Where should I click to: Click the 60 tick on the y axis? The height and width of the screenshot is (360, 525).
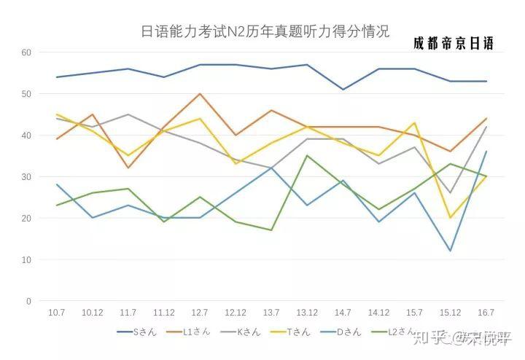click(27, 52)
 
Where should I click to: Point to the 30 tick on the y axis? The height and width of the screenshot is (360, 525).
click(27, 177)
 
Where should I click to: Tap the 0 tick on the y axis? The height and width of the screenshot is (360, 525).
click(29, 301)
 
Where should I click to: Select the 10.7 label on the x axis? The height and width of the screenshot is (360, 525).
click(56, 312)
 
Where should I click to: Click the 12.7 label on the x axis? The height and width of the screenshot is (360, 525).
click(199, 312)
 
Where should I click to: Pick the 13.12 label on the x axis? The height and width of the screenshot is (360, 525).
click(307, 312)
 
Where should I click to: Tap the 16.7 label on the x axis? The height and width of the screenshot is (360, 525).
click(486, 312)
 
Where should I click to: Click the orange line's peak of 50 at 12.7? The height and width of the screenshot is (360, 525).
click(199, 94)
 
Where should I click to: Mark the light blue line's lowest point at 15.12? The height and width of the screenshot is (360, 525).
click(451, 251)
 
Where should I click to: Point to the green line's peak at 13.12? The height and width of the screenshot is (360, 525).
click(307, 156)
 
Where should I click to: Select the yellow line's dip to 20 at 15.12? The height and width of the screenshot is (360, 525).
click(451, 218)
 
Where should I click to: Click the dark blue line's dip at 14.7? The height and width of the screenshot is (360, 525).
click(343, 90)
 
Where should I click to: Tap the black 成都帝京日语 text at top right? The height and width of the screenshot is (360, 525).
click(453, 44)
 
